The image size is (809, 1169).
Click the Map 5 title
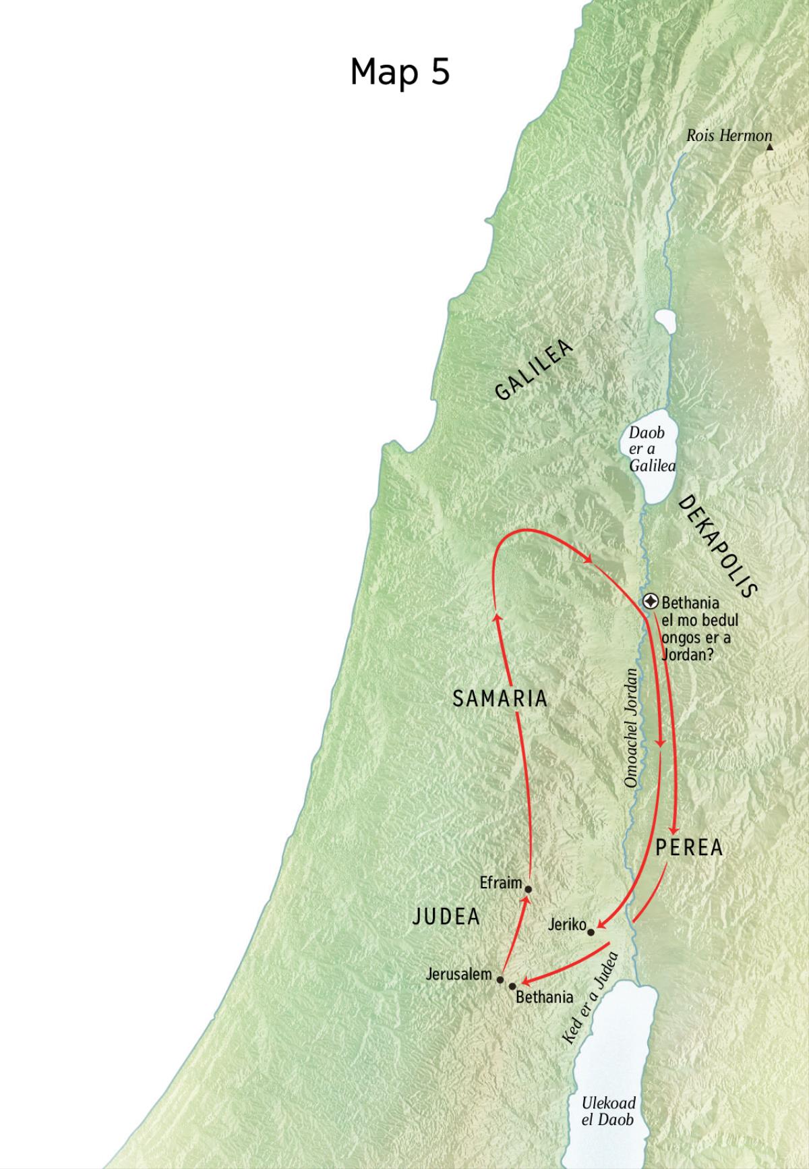click(400, 71)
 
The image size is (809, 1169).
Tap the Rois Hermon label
click(728, 136)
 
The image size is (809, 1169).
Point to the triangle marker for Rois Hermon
click(769, 146)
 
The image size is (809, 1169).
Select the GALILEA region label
click(534, 370)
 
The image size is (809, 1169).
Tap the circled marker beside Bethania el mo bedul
click(651, 601)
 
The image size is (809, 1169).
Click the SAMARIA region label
click(500, 699)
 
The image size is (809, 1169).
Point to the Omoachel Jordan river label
click(631, 728)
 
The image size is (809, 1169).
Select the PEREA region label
click(689, 848)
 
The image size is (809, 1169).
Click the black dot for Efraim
click(528, 889)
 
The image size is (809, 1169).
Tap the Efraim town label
click(501, 882)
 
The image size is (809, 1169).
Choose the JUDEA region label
click(446, 916)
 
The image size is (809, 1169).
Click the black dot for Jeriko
click(591, 932)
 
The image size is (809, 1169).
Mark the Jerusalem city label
click(458, 974)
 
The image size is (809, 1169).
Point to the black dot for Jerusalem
click(500, 979)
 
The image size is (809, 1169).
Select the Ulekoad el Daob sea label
click(608, 1110)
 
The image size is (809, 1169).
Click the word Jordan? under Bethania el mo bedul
click(688, 654)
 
